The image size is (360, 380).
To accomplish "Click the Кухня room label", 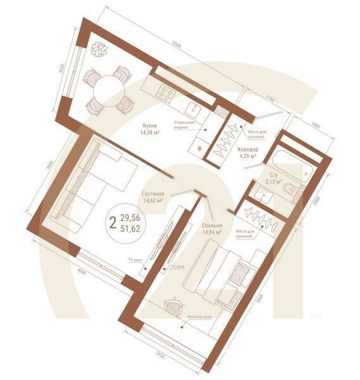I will pos(150,125).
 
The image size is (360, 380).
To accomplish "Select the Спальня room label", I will pos(211,225).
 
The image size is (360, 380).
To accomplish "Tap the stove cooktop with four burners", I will pos(167,92).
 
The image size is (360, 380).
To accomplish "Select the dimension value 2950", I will pos(161,357).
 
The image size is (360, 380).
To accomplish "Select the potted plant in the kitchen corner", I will pos(99,48).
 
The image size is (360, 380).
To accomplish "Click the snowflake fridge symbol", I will pos(201,148).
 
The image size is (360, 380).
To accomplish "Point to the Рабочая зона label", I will pos(199,317).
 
